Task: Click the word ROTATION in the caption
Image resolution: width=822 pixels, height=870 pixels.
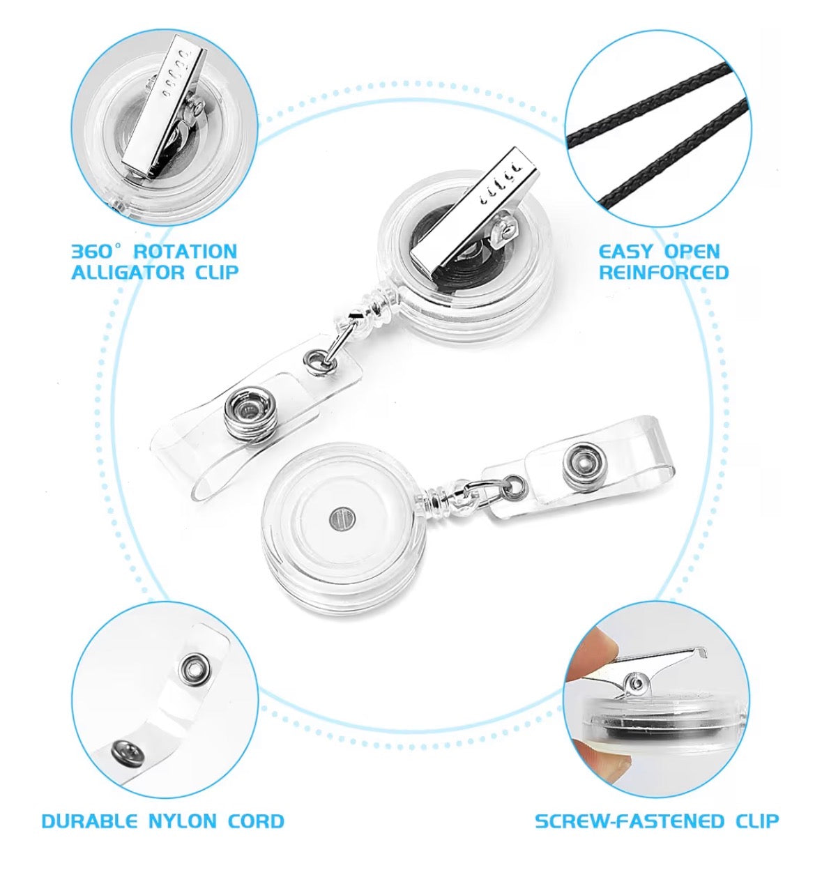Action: pos(185,252)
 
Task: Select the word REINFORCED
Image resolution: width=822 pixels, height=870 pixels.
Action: pos(664,272)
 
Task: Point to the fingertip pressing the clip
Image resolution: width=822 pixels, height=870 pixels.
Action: pos(591,657)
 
